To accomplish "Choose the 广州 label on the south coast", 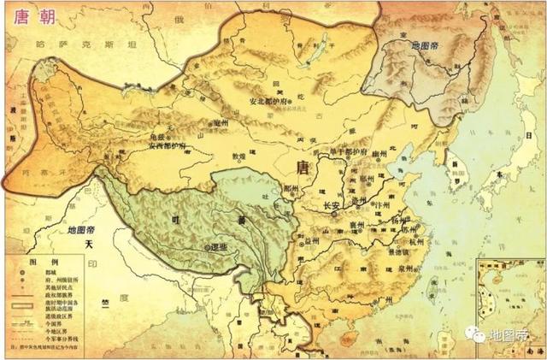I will pos(379,299).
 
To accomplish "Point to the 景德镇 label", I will pos(396,253).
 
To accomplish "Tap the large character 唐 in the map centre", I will pos(302,166).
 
